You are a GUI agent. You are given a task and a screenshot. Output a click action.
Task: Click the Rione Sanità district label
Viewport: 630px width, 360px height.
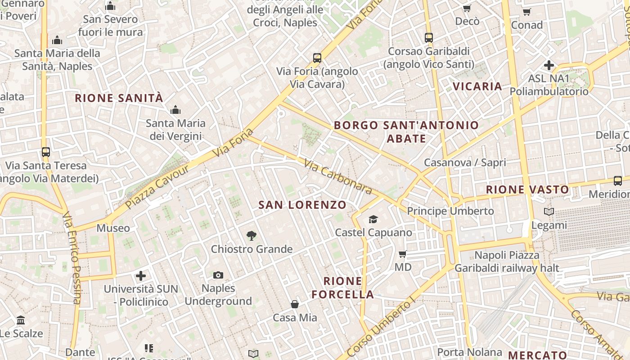tap(119, 98)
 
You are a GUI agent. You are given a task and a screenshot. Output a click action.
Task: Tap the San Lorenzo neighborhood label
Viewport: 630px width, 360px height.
tap(302, 205)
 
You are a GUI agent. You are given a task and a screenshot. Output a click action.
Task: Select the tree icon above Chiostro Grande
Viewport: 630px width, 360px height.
tap(252, 235)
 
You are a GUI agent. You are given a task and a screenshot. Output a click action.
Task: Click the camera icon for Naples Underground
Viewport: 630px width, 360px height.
tap(218, 275)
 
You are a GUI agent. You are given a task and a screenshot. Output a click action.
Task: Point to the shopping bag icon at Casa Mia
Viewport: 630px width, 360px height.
tap(295, 305)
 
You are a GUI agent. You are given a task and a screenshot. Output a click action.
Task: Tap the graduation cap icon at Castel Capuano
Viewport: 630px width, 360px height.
tap(373, 219)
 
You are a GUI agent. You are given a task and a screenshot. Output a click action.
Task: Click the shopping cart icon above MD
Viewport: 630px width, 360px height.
tap(403, 254)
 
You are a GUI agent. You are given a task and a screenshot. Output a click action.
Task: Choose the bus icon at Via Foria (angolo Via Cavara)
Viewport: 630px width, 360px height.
tap(317, 58)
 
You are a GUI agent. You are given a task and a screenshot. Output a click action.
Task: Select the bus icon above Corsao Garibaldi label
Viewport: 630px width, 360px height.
tap(429, 38)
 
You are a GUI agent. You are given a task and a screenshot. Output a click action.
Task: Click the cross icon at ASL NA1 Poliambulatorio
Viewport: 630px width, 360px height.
tap(549, 65)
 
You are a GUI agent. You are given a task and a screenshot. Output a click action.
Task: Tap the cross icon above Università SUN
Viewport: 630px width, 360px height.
tap(141, 275)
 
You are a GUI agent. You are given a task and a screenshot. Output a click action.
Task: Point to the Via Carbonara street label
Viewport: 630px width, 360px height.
tap(338, 176)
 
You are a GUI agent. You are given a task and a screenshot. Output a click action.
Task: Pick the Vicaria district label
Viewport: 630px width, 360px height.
tap(477, 86)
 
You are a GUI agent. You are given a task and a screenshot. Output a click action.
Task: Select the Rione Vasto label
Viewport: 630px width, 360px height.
tap(527, 190)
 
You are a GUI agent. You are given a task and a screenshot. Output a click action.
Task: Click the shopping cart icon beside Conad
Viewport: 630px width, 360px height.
tap(526, 12)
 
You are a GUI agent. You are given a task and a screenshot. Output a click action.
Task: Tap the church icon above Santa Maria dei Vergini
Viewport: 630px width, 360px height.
tap(175, 110)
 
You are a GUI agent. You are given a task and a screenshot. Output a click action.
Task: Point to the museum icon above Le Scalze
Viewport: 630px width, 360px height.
tap(21, 320)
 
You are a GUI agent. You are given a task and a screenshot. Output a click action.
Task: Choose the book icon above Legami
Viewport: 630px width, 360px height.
tap(549, 211)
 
